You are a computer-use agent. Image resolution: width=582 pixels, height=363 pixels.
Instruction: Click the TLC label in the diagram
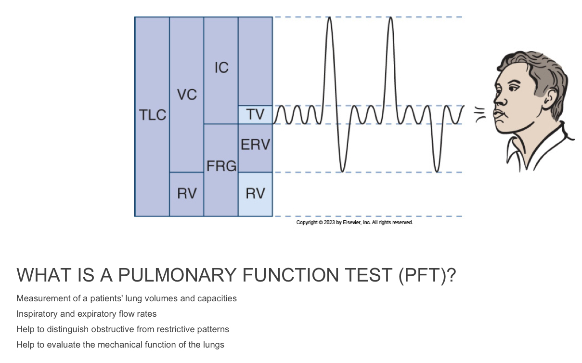click(x=152, y=115)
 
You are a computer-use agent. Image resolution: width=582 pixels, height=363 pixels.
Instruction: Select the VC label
click(x=186, y=95)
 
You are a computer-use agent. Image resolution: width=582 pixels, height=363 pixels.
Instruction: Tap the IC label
click(x=221, y=68)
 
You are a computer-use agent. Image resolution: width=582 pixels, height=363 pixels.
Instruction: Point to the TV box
click(x=255, y=115)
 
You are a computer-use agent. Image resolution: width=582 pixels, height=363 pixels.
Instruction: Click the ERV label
click(x=255, y=144)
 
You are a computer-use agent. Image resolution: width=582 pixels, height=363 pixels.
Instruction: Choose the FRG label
click(x=221, y=166)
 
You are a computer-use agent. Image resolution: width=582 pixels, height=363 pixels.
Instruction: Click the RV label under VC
click(x=186, y=194)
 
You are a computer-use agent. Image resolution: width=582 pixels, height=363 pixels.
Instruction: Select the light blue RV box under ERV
click(x=255, y=194)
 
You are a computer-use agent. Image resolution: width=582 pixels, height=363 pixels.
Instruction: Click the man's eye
click(x=511, y=90)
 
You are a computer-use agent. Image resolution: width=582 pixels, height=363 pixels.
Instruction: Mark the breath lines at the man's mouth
click(x=479, y=115)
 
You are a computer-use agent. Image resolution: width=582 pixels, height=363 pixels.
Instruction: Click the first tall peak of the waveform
click(x=329, y=19)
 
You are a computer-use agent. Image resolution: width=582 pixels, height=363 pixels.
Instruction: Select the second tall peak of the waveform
click(x=390, y=19)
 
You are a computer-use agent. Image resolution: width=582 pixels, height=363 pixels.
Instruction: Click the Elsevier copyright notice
click(x=354, y=223)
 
